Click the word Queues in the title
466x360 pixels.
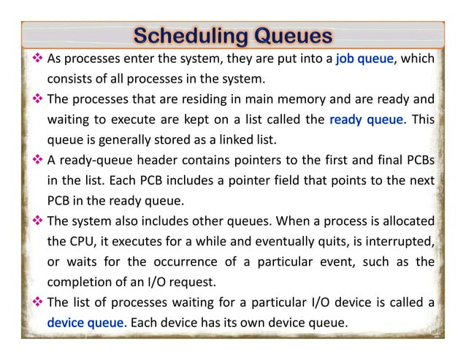pos(286,35)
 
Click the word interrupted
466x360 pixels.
pos(400,241)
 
